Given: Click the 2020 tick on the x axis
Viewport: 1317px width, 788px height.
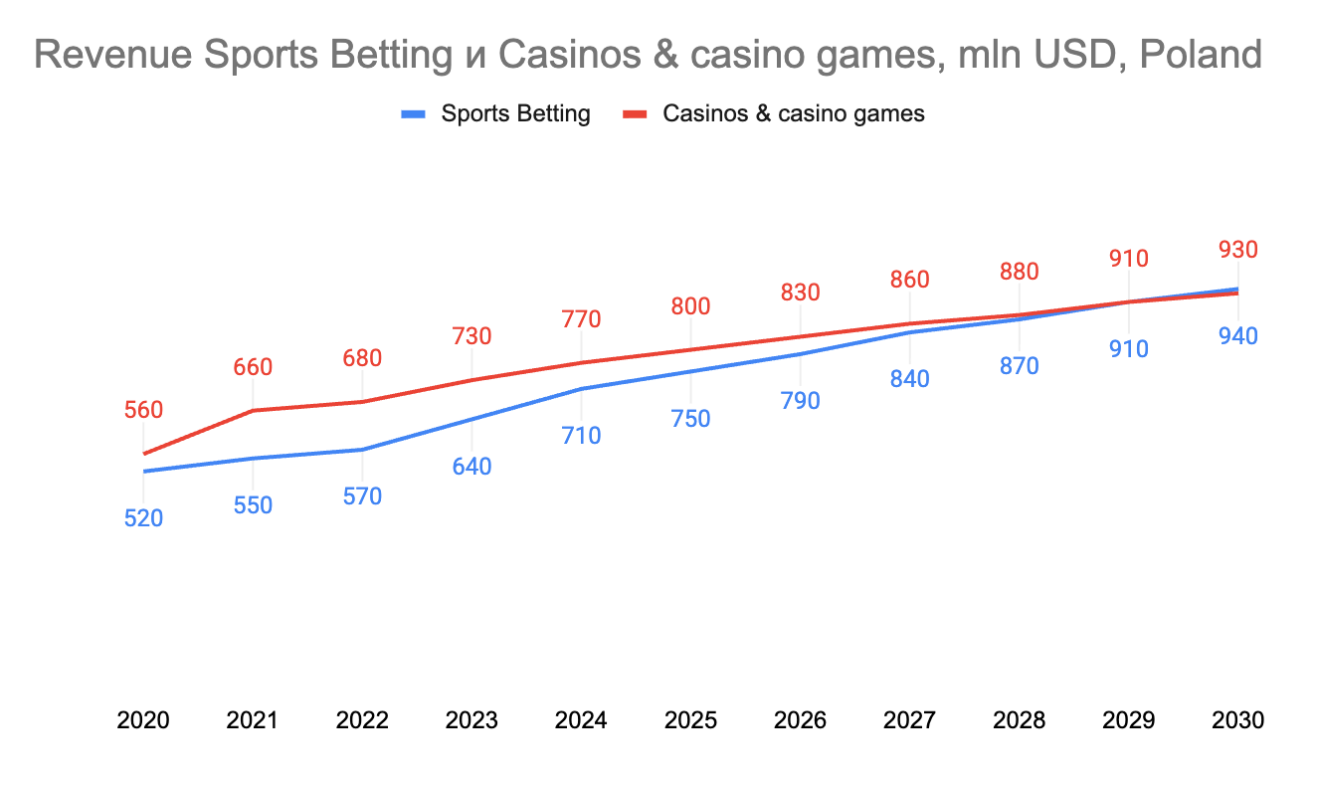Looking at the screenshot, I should (143, 720).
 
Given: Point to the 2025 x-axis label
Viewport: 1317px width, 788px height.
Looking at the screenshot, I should (690, 720).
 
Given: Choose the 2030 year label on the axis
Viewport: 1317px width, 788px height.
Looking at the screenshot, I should (1237, 720).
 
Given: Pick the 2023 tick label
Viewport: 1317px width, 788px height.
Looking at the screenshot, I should (471, 720).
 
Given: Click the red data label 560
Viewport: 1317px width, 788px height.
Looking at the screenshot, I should (143, 410).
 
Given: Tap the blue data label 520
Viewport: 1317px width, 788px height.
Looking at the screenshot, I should (143, 518).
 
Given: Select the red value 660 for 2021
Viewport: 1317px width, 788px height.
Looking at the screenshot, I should (253, 367).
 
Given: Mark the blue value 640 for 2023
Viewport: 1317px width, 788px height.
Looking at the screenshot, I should (471, 467).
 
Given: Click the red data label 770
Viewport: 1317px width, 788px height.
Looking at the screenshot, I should (581, 319).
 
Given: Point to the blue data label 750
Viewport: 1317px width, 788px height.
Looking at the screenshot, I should (690, 419).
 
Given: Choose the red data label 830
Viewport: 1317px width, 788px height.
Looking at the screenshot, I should (800, 293).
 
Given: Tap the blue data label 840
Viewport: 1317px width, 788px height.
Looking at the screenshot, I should (909, 379).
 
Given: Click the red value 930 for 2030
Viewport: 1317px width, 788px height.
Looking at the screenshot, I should (1237, 250).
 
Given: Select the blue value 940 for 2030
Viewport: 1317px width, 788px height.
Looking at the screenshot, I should (1237, 336).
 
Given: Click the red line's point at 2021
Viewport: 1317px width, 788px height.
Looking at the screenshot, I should (253, 410).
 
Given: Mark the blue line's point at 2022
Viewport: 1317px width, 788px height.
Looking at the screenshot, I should (362, 450).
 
